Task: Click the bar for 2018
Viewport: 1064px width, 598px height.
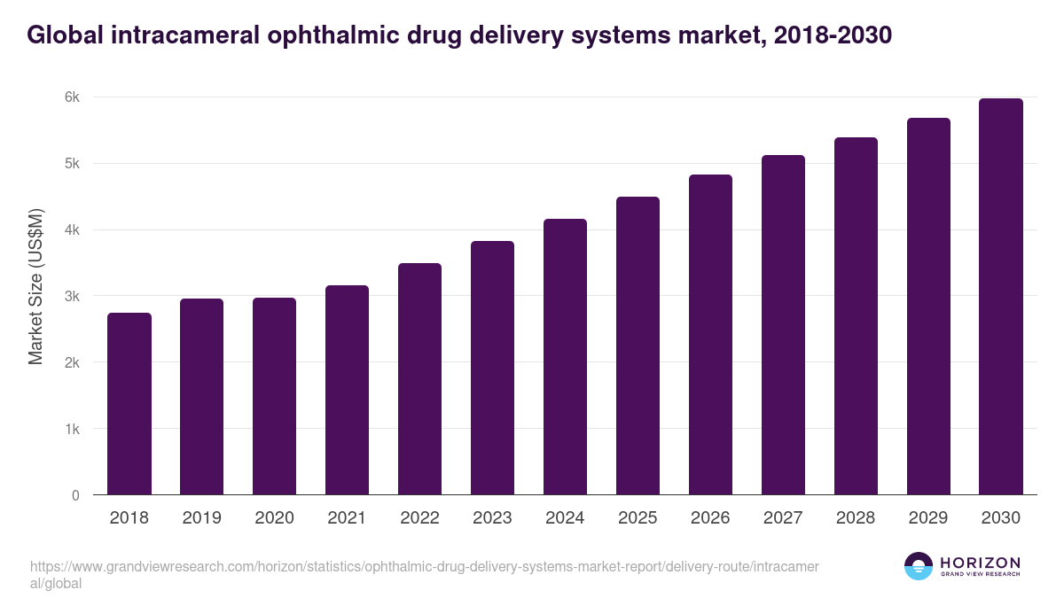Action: point(129,404)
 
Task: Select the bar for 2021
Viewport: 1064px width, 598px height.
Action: point(348,390)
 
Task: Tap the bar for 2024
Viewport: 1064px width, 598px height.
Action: point(566,357)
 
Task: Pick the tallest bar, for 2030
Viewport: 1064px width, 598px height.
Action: point(1001,297)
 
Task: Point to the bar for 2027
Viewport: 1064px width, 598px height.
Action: point(784,325)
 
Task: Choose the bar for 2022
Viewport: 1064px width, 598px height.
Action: point(420,379)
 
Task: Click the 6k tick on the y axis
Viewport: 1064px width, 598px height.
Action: point(72,97)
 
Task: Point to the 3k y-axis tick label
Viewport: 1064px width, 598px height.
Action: point(72,297)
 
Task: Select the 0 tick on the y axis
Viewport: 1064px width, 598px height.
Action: point(75,495)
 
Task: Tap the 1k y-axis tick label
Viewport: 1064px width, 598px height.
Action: point(72,429)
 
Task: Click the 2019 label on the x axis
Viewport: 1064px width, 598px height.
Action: point(202,518)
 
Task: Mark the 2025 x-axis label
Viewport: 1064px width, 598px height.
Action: point(638,518)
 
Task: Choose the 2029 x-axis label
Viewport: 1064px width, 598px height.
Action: point(928,518)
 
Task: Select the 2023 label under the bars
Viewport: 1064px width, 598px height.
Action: point(493,518)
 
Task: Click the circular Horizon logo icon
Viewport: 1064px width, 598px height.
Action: point(919,566)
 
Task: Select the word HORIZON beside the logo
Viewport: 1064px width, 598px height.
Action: point(980,563)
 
